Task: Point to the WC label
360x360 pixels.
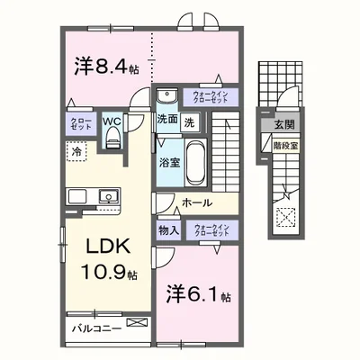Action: pos(112,117)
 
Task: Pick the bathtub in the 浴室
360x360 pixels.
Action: pos(195,161)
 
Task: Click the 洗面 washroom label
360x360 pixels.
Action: pos(166,120)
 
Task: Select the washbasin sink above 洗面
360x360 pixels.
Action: pos(166,97)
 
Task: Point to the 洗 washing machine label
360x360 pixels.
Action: pos(189,121)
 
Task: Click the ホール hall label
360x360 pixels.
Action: pos(195,204)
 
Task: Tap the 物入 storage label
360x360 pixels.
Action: pos(168,230)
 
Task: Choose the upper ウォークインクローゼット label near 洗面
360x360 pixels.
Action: pos(211,96)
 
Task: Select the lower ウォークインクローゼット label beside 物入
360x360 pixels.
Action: pos(214,230)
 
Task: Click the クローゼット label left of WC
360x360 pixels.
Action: pos(78,124)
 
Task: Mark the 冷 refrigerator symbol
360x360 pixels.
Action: pos(79,154)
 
